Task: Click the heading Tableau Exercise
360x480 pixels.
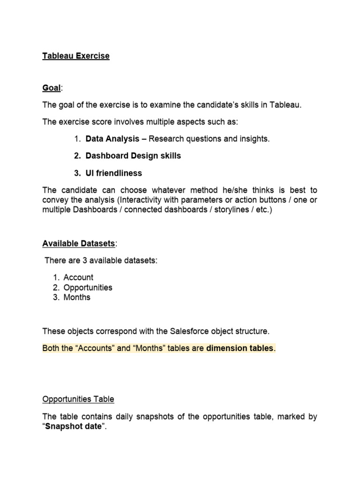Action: (x=75, y=56)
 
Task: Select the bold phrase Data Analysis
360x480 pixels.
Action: (x=112, y=138)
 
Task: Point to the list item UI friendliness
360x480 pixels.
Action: (x=113, y=173)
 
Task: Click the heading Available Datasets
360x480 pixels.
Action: (x=78, y=243)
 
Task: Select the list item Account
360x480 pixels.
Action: (x=78, y=277)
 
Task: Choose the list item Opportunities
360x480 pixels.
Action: (x=88, y=287)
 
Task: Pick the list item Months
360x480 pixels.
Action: (x=77, y=297)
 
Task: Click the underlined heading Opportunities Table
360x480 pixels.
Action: (x=78, y=399)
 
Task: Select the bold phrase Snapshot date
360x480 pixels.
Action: (x=73, y=427)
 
